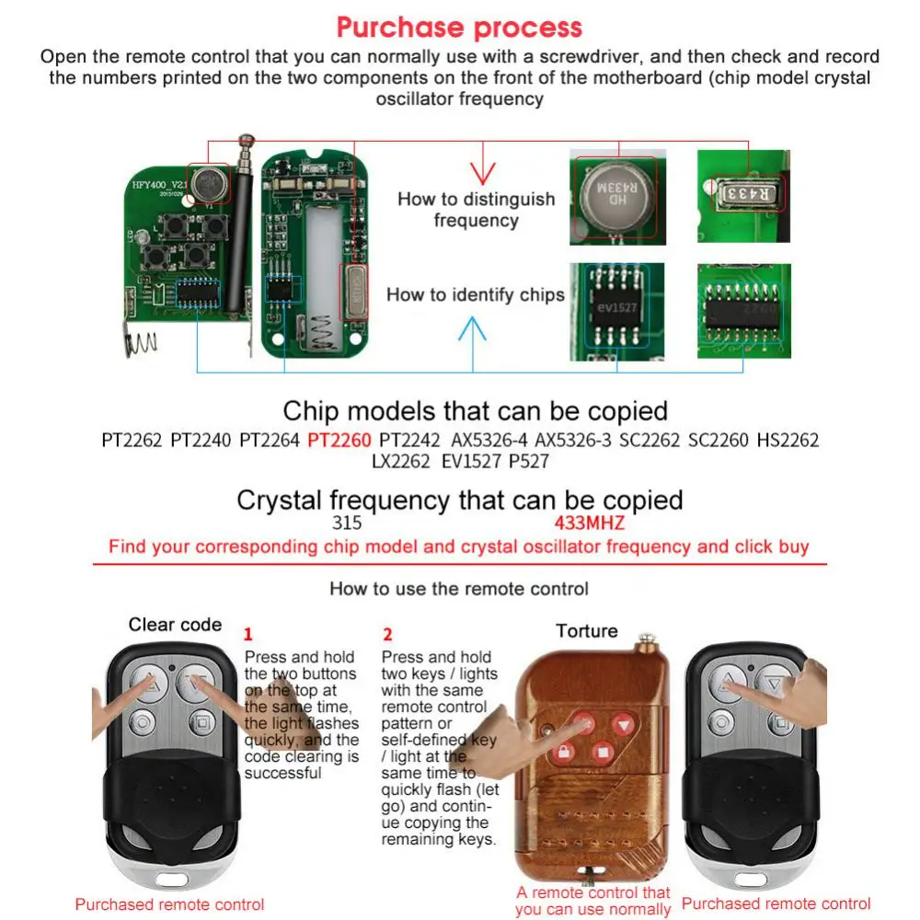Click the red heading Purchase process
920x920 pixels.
coord(459,27)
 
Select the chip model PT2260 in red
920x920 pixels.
coord(339,440)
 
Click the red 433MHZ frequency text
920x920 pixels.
coord(589,523)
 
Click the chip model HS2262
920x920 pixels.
coord(788,440)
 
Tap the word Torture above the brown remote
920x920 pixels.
coord(586,631)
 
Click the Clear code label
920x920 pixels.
coord(175,625)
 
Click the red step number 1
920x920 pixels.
coord(247,634)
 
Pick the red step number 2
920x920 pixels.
coord(387,634)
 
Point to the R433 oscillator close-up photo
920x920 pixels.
coord(743,196)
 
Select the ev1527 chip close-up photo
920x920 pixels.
coord(615,311)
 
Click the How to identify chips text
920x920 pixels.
coord(475,294)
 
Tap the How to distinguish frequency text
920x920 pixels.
coord(476,210)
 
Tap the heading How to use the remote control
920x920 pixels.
coord(459,588)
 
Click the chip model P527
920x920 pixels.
coord(528,461)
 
